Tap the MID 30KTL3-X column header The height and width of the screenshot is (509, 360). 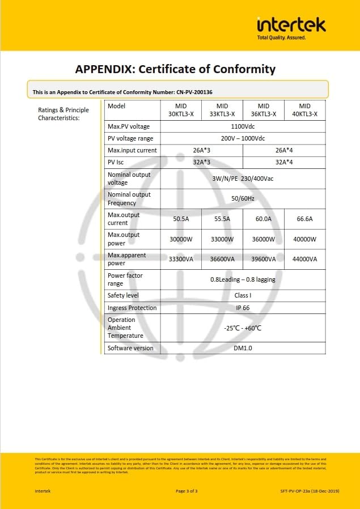pyautogui.click(x=181, y=110)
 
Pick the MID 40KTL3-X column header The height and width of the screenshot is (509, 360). pyautogui.click(x=304, y=110)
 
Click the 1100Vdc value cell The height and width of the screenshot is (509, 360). pyautogui.click(x=243, y=126)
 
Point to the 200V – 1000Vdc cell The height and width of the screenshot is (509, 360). pyautogui.click(x=243, y=138)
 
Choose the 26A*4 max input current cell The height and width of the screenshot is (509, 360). pyautogui.click(x=284, y=150)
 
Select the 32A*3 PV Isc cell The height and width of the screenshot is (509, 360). pyautogui.click(x=201, y=162)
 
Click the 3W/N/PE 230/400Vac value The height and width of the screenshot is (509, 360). pyautogui.click(x=243, y=179)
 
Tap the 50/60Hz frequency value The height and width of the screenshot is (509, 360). pyautogui.click(x=243, y=198)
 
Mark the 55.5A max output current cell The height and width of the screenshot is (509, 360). pyautogui.click(x=222, y=219)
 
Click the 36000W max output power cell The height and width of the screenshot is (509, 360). pyautogui.click(x=263, y=239)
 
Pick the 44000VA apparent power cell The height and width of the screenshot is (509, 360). pyautogui.click(x=304, y=259)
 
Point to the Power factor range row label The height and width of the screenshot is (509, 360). pyautogui.click(x=125, y=279)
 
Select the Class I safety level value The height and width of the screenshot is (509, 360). pyautogui.click(x=243, y=295)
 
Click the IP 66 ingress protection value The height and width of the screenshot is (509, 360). pyautogui.click(x=243, y=308)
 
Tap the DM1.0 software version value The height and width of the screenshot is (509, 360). pyautogui.click(x=243, y=348)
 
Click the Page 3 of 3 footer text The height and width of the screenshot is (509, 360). pyautogui.click(x=187, y=491)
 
